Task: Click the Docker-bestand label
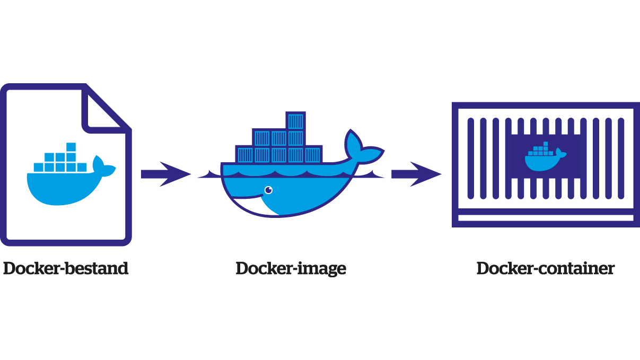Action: click(66, 268)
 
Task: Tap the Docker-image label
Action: click(291, 268)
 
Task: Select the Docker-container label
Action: click(545, 268)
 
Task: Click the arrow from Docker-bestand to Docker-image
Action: click(165, 174)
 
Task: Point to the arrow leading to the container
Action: click(416, 174)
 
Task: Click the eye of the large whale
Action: click(268, 189)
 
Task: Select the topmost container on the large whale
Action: click(295, 121)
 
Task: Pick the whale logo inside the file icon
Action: click(69, 178)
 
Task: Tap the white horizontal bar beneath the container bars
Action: click(545, 218)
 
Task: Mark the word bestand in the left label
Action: click(99, 268)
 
